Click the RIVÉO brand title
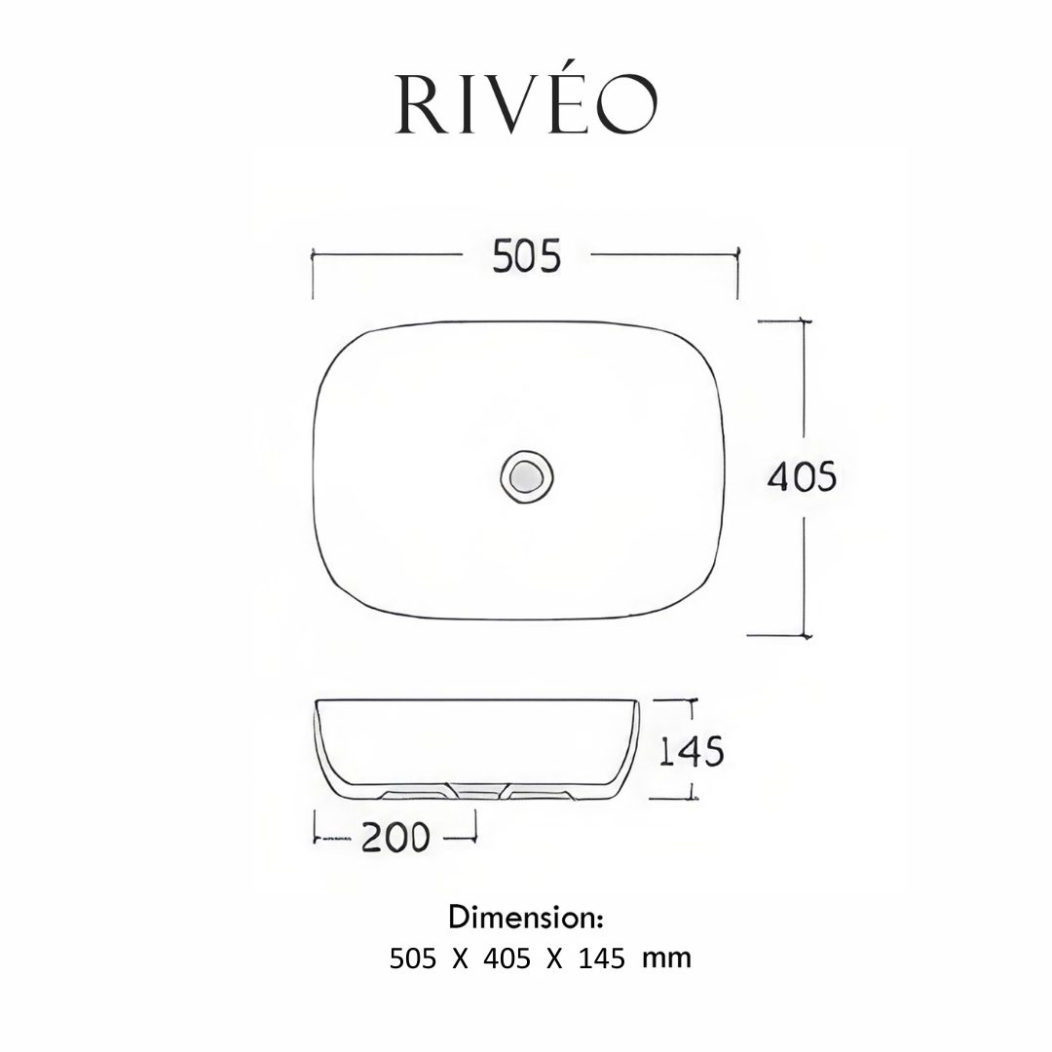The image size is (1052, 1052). click(526, 104)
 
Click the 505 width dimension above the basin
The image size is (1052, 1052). click(526, 256)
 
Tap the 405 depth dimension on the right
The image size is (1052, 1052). click(802, 476)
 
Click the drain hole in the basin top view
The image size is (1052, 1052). click(527, 476)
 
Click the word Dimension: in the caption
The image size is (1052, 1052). click(527, 917)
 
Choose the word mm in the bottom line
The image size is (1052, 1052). click(666, 958)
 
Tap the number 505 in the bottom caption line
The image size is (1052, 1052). click(413, 958)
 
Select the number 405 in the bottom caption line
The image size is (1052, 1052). click(507, 958)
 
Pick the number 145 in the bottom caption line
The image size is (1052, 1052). click(602, 958)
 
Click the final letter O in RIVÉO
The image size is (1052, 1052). click(628, 106)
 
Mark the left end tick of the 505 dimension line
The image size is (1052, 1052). click(313, 255)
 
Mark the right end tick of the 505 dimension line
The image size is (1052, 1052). click(737, 255)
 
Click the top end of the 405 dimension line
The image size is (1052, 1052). click(803, 320)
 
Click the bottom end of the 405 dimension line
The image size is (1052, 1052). click(804, 634)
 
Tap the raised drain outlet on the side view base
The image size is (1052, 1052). click(477, 791)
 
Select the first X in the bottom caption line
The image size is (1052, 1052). click(460, 958)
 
